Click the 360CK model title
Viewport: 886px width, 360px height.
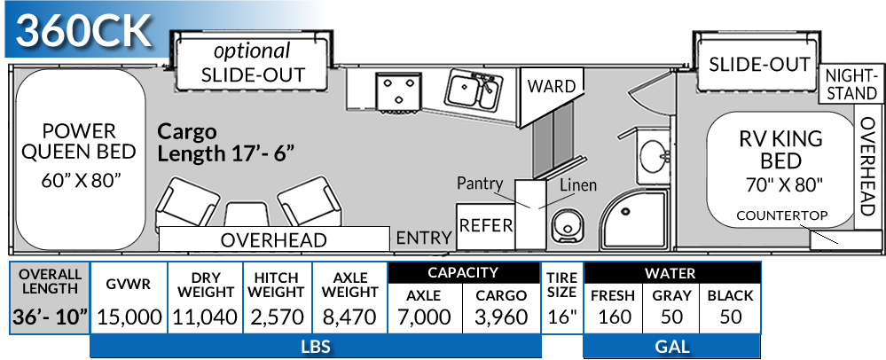(85, 32)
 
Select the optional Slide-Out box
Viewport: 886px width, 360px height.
(253, 63)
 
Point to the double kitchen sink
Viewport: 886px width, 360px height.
(471, 89)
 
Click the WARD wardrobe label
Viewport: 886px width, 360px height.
(551, 86)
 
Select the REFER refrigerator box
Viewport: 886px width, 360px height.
(486, 225)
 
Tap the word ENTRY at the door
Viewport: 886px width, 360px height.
(423, 238)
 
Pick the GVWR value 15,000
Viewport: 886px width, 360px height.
(129, 317)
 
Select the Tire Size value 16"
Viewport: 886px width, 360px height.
(561, 317)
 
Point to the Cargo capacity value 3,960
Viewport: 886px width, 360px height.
(501, 317)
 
